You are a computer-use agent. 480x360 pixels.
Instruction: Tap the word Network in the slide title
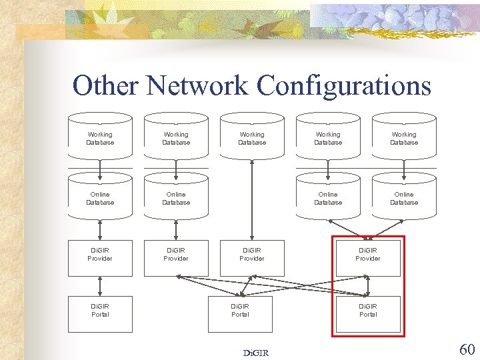click(x=198, y=86)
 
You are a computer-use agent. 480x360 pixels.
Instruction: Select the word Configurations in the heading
click(x=344, y=86)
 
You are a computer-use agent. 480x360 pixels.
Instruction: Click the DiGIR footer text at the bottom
click(x=256, y=353)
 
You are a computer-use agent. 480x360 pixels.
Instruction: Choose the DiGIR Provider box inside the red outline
click(x=368, y=257)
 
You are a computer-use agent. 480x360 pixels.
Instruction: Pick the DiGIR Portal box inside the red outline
click(x=368, y=313)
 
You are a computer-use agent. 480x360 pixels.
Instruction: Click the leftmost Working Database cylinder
click(x=100, y=138)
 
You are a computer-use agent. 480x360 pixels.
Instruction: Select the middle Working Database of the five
click(x=252, y=138)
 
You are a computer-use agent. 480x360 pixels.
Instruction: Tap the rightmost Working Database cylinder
click(x=404, y=138)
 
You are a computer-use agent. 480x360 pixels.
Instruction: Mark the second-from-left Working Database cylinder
click(x=176, y=138)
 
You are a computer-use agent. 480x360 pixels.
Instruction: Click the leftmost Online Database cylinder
click(x=100, y=198)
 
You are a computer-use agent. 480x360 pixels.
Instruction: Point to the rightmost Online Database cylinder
click(x=404, y=198)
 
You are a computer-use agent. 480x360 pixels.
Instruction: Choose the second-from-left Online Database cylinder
click(x=176, y=198)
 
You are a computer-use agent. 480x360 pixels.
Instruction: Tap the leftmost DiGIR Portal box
click(x=100, y=313)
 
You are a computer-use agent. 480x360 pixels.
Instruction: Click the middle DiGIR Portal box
click(x=240, y=313)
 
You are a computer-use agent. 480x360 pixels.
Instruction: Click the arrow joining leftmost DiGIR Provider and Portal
click(x=100, y=285)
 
